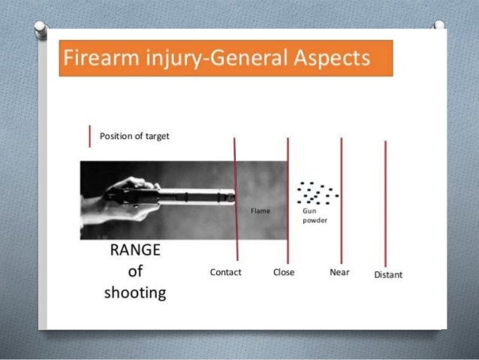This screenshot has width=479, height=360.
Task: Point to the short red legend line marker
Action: pyautogui.click(x=90, y=137)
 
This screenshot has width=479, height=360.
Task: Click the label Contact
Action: pyautogui.click(x=225, y=272)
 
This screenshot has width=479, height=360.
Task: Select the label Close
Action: pyautogui.click(x=284, y=272)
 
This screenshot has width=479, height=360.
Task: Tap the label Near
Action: pyautogui.click(x=339, y=272)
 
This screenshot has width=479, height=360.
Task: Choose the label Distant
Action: pyautogui.click(x=388, y=274)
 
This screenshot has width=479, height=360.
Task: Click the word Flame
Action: pyautogui.click(x=260, y=212)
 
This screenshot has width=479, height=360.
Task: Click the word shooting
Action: pyautogui.click(x=135, y=292)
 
